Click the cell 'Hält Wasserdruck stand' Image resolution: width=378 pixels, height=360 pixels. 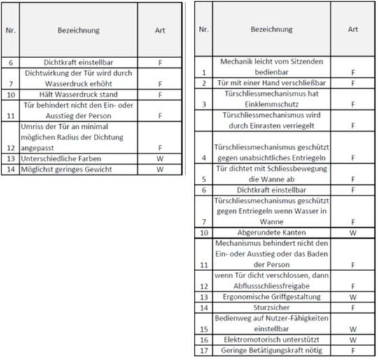point(79,95)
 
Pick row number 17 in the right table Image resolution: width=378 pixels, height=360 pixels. point(202,349)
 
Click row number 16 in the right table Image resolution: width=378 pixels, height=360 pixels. point(202,339)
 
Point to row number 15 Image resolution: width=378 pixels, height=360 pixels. point(202,328)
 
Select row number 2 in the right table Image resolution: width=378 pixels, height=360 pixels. point(202,83)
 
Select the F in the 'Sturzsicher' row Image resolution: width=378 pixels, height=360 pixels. point(353,307)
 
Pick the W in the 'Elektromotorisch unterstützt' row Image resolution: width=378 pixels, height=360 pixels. point(353,339)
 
